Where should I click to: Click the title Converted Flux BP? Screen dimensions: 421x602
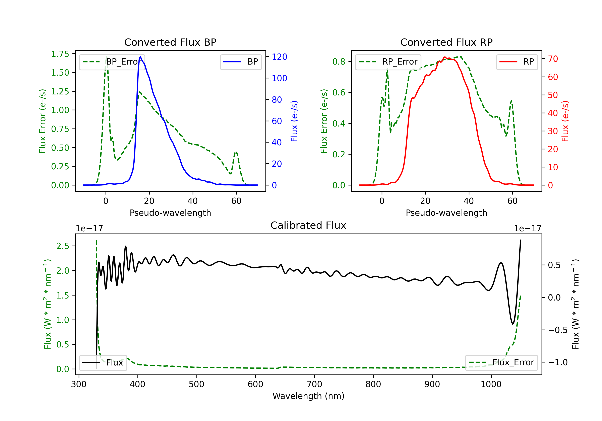[170, 42]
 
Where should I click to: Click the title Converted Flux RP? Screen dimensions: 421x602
[446, 42]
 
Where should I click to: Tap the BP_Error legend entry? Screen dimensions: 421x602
[112, 62]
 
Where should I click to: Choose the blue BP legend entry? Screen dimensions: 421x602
[241, 62]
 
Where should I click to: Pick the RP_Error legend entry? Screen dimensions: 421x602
[388, 62]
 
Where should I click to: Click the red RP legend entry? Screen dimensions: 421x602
[517, 62]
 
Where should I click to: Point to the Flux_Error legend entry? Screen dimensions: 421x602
[501, 363]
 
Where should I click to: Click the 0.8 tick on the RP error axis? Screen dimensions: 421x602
[339, 62]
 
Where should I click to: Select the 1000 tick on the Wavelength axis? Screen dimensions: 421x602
[491, 384]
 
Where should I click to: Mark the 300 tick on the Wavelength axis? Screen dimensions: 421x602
[79, 384]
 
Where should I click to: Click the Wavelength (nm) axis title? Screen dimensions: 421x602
[308, 396]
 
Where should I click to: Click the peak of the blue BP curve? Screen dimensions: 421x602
[140, 57]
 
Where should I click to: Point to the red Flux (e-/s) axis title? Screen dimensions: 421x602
[565, 121]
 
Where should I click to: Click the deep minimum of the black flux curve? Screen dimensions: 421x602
[513, 324]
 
